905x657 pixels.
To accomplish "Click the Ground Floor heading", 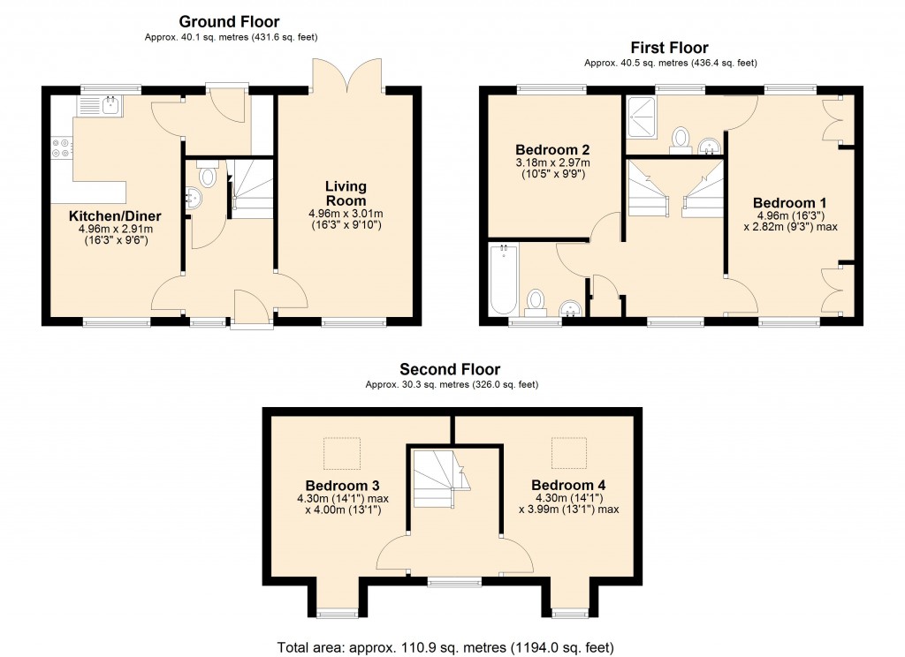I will pos(229,21).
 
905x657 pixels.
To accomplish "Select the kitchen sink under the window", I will pos(101,107).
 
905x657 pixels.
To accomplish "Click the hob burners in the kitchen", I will pos(62,147).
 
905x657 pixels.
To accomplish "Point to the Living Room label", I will pos(345,193).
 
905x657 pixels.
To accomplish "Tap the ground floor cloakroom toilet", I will pos(208,175).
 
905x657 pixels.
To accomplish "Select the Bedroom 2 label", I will pos(552,149).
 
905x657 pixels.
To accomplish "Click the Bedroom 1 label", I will pos(789,201).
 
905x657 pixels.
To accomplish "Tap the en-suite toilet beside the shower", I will pos(680,139).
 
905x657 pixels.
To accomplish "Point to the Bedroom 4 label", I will pos(568,486).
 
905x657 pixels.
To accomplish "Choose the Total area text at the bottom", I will pos(445,647).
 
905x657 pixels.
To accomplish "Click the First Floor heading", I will pos(669,48).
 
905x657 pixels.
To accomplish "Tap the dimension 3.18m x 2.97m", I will pos(552,163).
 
